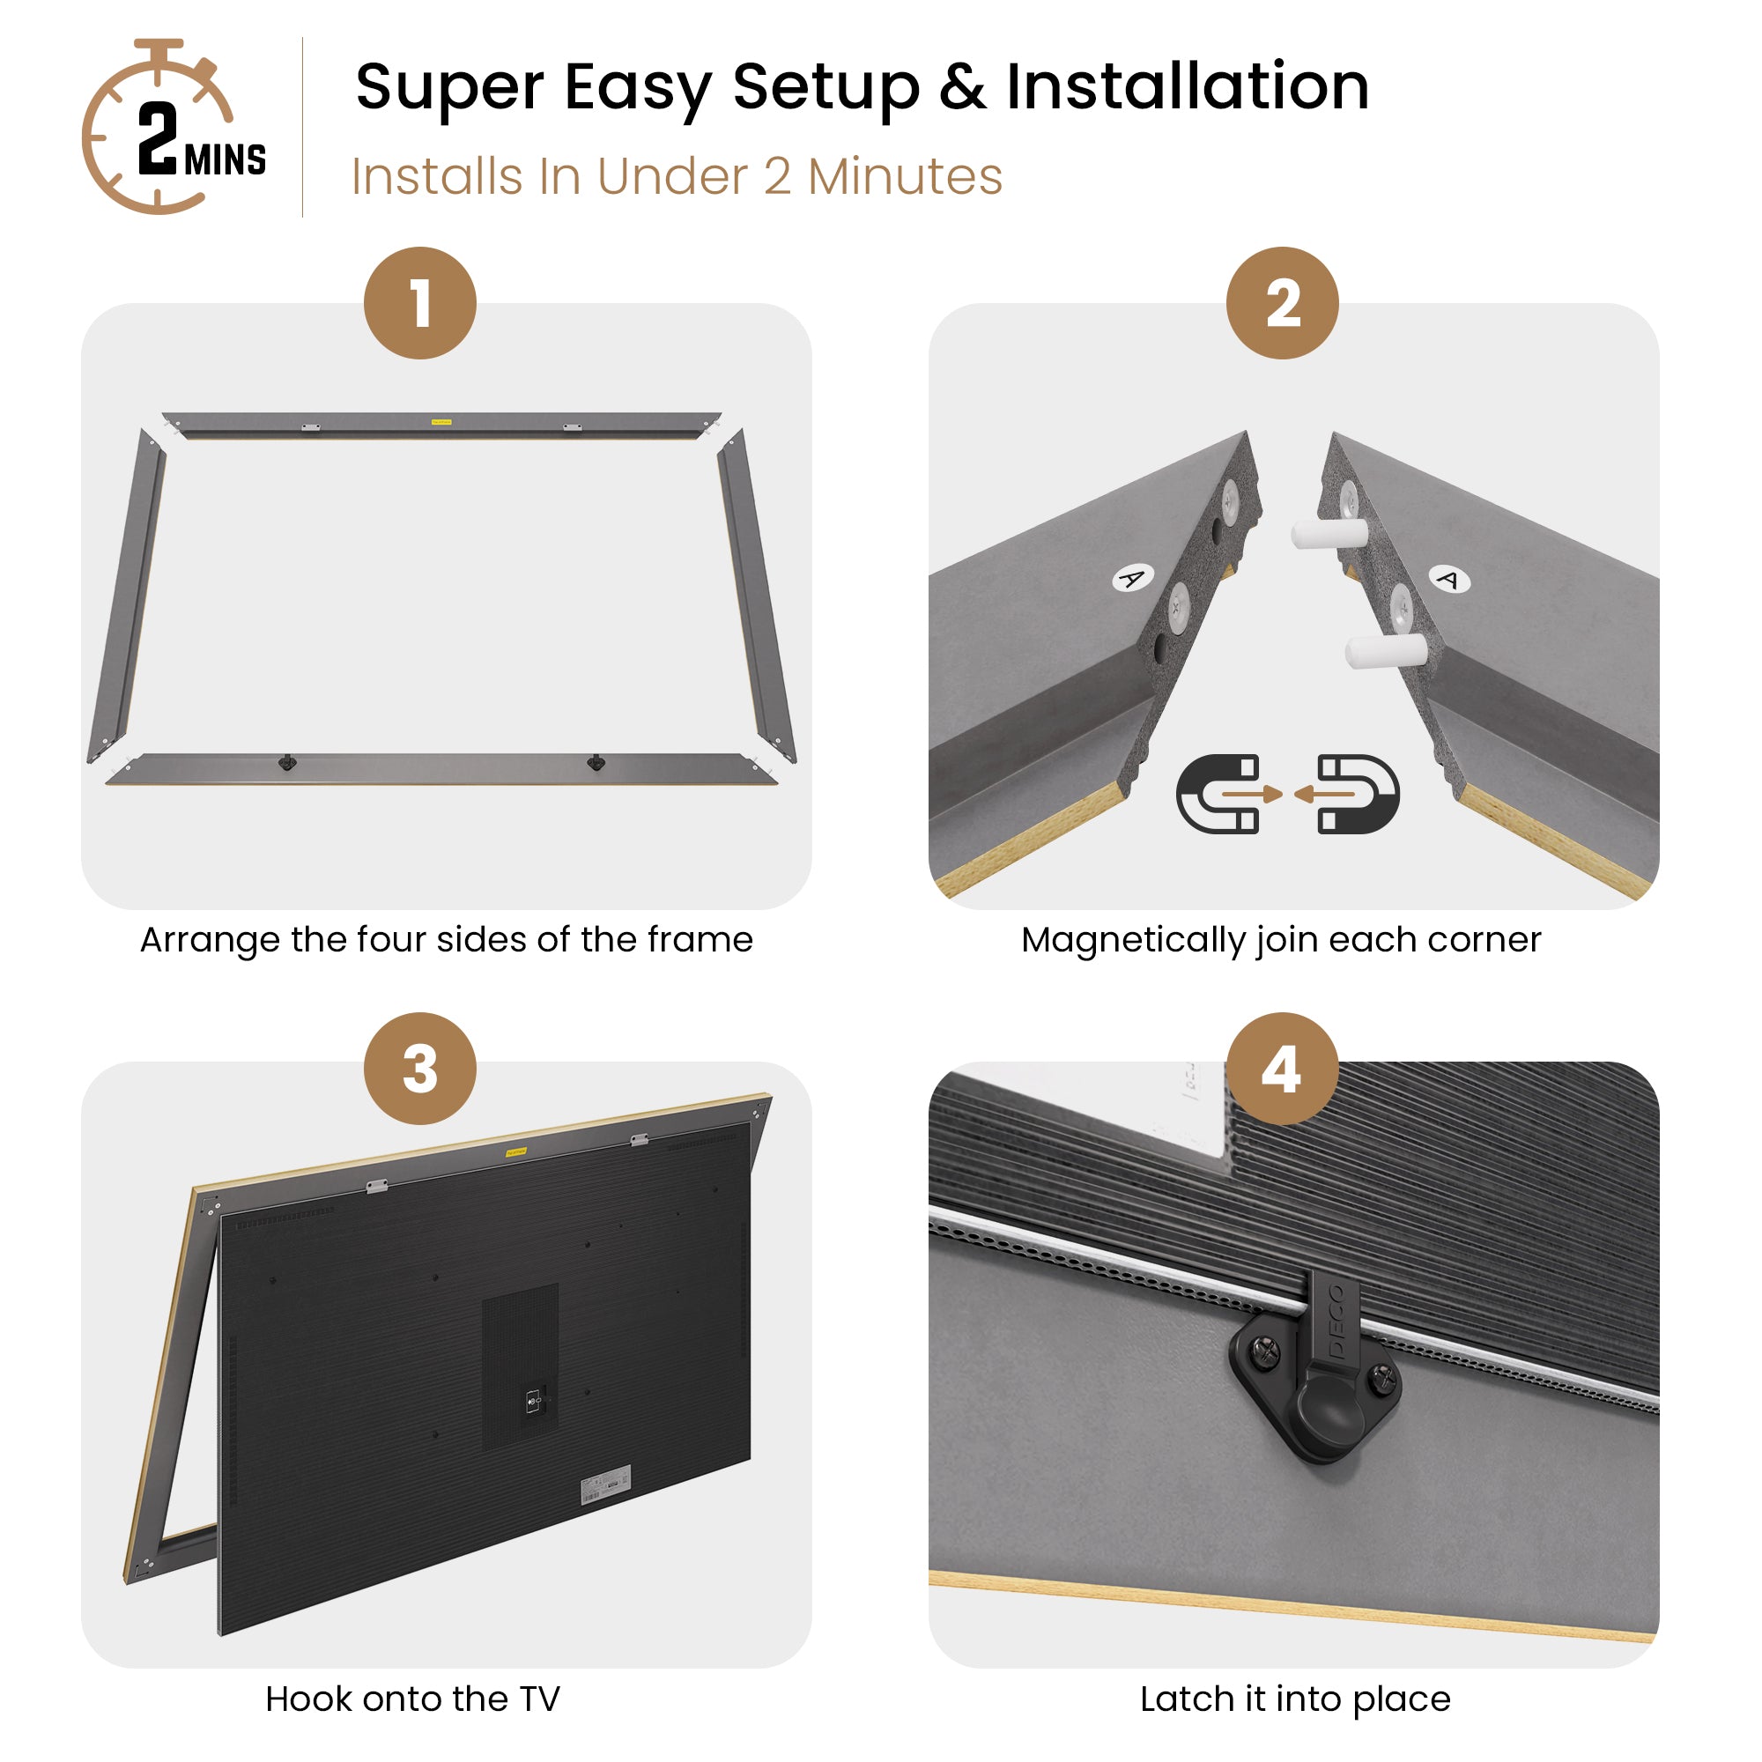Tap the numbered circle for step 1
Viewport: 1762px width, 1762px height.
click(x=419, y=303)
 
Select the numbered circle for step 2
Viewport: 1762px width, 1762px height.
click(x=1282, y=303)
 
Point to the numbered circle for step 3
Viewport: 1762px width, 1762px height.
click(x=419, y=1069)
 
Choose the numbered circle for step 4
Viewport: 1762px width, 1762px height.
click(x=1282, y=1069)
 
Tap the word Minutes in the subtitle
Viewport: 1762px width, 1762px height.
click(x=905, y=176)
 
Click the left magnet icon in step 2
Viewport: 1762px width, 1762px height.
click(x=1218, y=794)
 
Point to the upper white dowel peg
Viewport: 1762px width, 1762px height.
click(x=1329, y=533)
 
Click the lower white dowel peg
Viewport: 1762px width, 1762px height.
click(x=1386, y=650)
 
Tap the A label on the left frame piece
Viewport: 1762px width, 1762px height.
click(x=1132, y=578)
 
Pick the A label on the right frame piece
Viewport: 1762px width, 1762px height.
click(x=1448, y=579)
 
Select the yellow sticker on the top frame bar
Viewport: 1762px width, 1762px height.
click(x=441, y=422)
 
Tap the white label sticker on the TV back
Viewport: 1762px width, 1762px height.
click(x=606, y=1485)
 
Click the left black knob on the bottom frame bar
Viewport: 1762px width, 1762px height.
click(x=287, y=761)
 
